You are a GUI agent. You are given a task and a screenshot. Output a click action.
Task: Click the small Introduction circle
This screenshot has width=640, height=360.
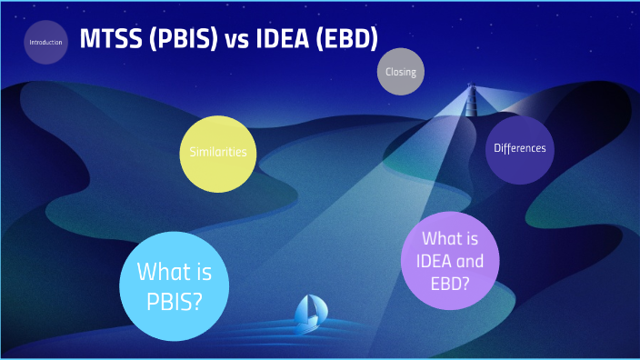tap(46, 42)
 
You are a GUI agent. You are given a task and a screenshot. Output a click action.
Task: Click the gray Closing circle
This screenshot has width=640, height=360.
tap(401, 72)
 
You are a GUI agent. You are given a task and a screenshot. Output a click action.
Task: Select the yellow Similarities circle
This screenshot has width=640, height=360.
tap(218, 153)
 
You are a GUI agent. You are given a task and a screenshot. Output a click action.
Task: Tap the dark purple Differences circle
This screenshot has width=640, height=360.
tap(519, 148)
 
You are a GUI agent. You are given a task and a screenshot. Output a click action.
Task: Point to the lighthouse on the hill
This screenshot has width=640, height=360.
tap(471, 96)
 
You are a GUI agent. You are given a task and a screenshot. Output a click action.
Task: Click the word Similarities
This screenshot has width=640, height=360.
tap(218, 153)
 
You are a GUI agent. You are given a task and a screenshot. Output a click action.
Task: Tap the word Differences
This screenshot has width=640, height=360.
tap(519, 148)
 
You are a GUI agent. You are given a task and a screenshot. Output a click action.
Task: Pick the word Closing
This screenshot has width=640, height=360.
tap(401, 72)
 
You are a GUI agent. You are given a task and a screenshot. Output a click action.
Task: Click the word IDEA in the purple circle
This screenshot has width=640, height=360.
tap(424, 261)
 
